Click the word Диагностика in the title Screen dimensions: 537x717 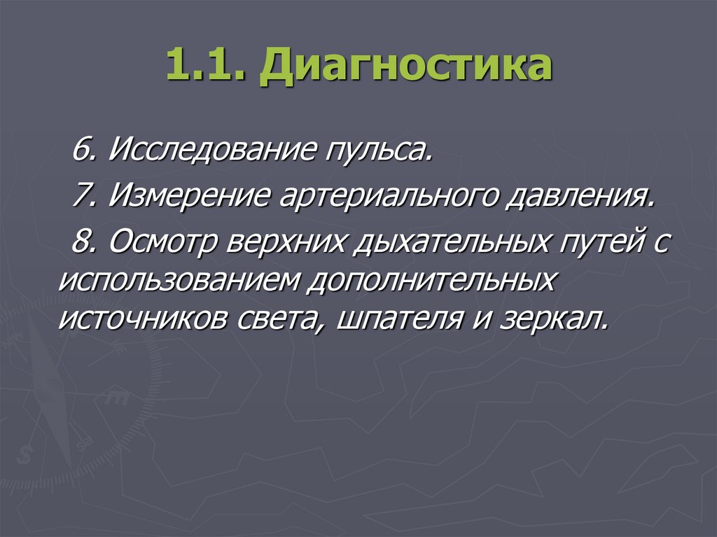[405, 69]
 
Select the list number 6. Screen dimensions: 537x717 [83, 150]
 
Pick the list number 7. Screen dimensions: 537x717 [83, 196]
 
